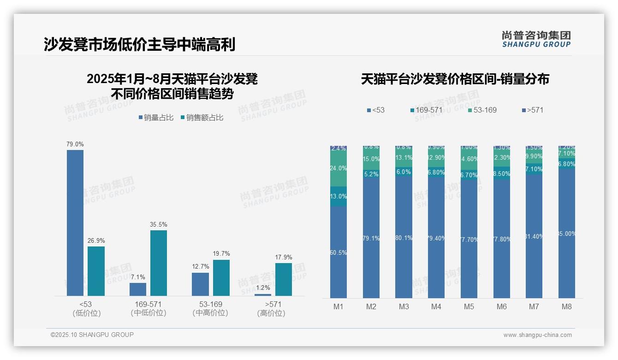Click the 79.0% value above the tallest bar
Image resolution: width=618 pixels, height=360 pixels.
pos(75,144)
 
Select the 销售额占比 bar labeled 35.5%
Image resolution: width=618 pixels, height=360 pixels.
pos(158,263)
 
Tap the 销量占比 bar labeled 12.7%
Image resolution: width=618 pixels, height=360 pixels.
pos(200,284)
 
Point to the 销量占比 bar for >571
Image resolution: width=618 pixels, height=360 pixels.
pos(263,294)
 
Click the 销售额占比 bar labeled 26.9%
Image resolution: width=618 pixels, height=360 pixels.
pos(96,271)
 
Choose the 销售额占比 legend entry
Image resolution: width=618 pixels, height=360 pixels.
pos(202,118)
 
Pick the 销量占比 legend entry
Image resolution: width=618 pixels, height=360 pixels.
pos(156,118)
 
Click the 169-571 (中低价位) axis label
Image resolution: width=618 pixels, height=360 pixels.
pos(149,308)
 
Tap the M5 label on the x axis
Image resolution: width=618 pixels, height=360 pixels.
pos(469,306)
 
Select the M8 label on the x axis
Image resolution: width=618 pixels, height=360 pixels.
pos(567,306)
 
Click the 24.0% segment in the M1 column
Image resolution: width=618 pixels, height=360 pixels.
pos(339,168)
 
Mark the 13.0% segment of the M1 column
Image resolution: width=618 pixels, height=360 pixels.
pos(339,196)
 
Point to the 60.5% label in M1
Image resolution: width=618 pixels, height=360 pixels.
pos(339,252)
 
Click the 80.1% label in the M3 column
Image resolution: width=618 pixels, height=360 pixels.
pos(404,238)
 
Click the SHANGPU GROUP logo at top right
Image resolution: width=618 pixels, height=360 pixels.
pos(536,39)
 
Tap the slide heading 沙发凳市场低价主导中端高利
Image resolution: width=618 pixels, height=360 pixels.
pos(140,44)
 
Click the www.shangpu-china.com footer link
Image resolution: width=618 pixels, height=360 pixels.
pos(537,335)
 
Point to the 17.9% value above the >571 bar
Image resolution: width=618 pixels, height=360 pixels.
pos(284,258)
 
